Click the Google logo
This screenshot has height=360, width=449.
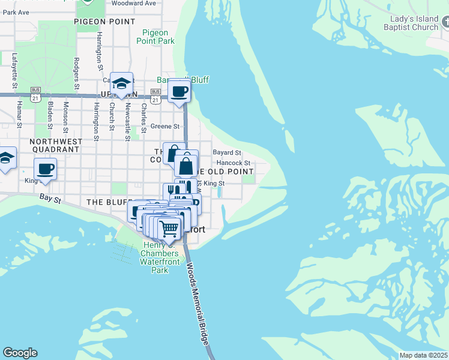tap(20, 353)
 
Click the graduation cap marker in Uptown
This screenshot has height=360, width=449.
tap(121, 85)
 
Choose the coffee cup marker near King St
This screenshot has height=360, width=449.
tap(46, 170)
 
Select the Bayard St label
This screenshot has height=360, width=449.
tap(226, 153)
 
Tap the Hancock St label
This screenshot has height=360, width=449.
tap(234, 163)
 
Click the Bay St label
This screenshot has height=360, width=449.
tap(51, 197)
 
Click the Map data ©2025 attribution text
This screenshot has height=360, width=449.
tap(423, 355)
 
